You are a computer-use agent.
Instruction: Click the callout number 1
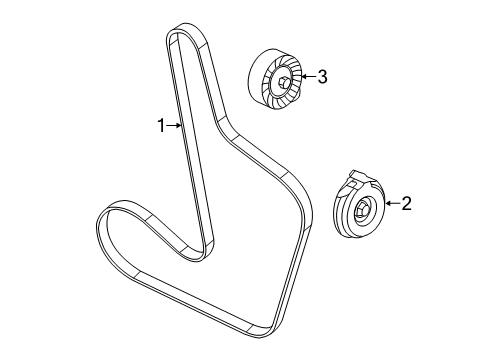tap(159, 125)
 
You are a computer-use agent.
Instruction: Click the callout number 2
tap(406, 204)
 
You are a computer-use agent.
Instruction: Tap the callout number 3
tap(322, 77)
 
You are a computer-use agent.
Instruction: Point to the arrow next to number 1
tap(173, 125)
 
